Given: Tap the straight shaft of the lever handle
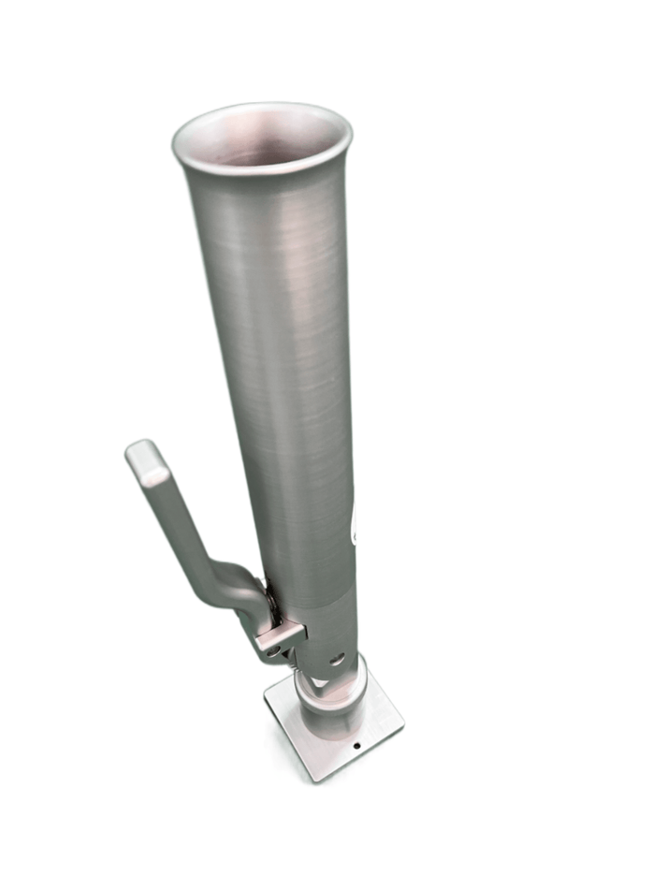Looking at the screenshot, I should tap(178, 520).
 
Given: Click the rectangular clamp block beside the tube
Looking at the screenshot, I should tap(281, 636).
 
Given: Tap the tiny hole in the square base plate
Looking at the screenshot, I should tap(356, 746).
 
